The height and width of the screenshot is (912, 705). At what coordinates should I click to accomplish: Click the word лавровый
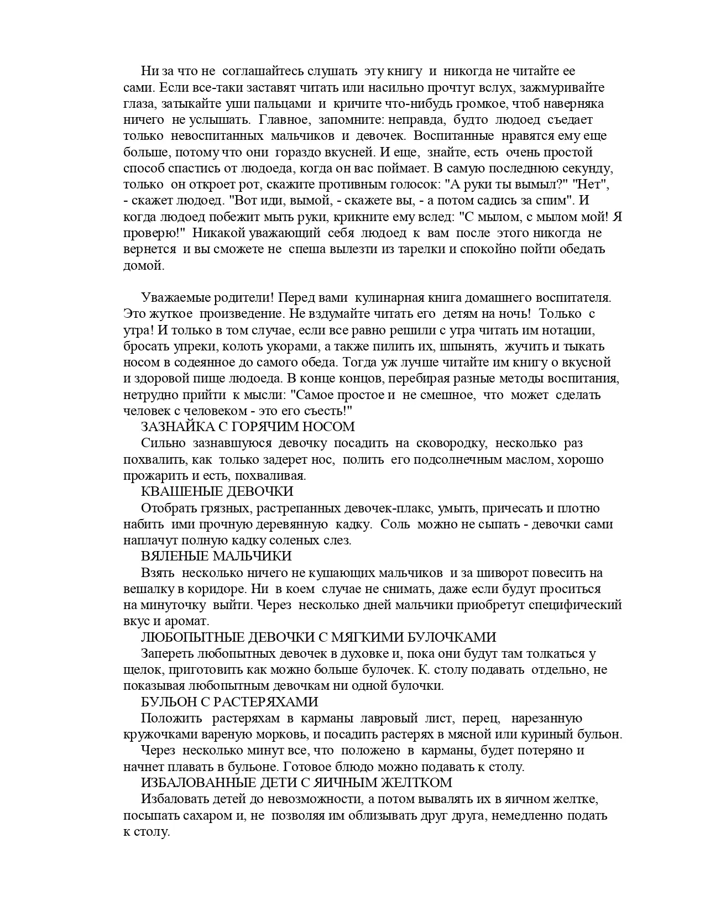[x=389, y=719]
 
